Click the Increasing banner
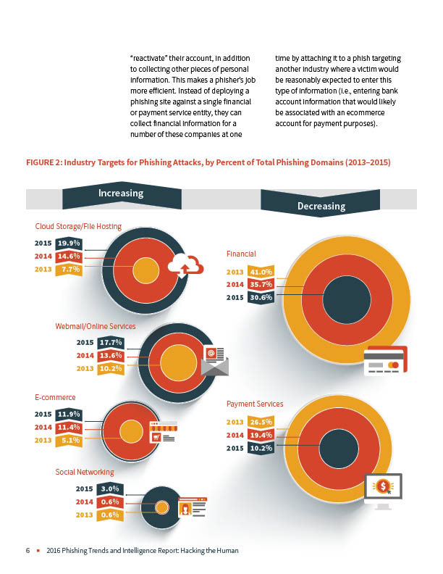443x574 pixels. (121, 194)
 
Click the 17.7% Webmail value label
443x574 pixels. (109, 343)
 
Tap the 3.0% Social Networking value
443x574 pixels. (109, 489)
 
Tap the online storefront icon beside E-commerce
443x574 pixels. (162, 432)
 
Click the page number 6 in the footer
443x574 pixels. (28, 551)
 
